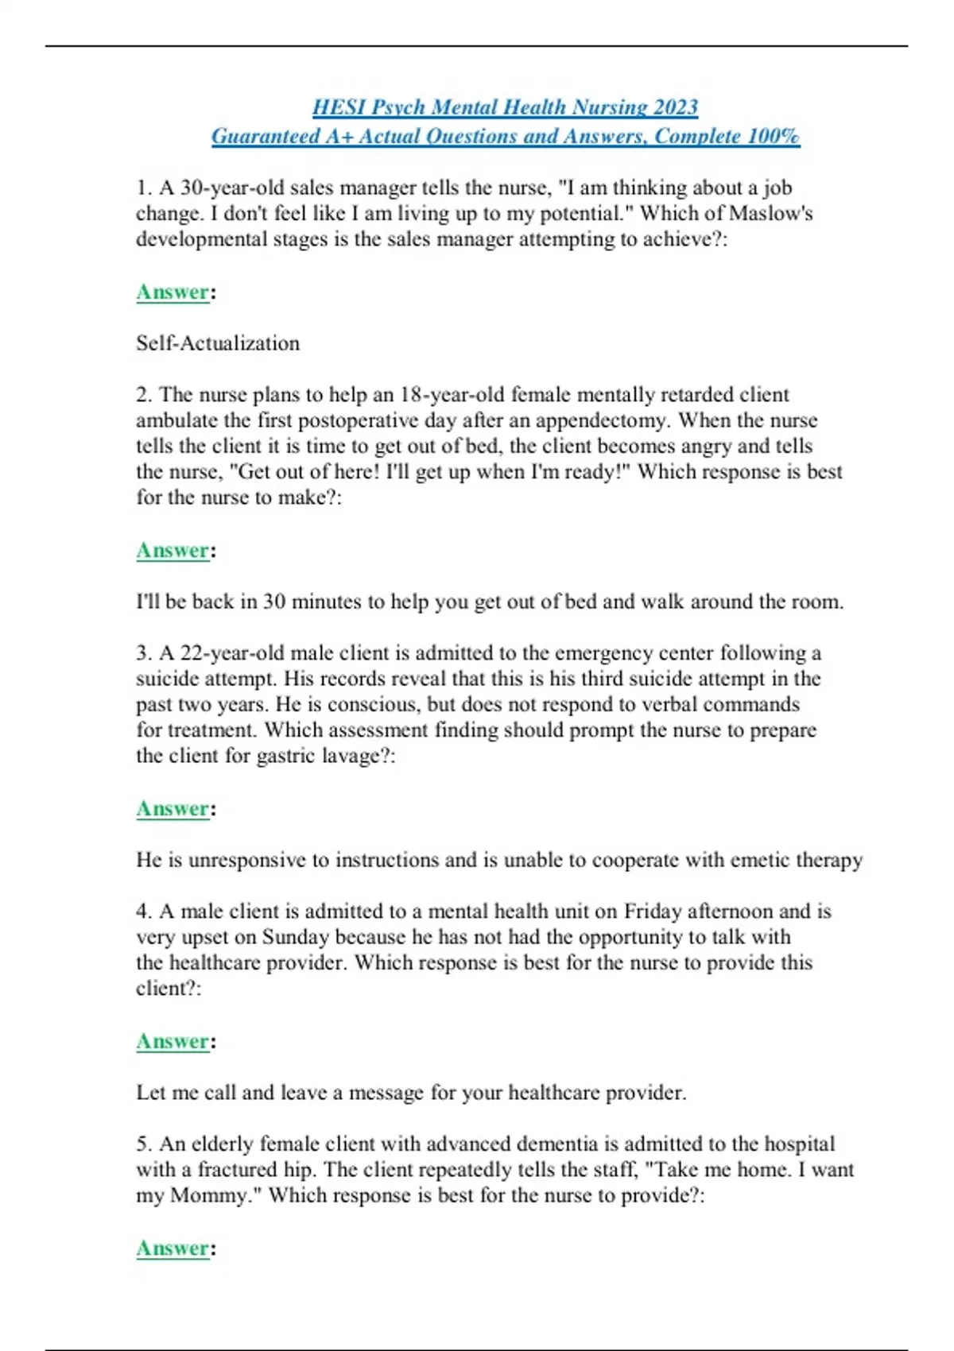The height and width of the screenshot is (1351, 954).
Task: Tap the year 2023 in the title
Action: pos(676,107)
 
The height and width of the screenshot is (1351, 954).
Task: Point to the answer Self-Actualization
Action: pos(218,343)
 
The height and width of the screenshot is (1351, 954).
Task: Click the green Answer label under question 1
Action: pos(173,292)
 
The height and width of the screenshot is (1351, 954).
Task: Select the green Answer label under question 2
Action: pos(173,551)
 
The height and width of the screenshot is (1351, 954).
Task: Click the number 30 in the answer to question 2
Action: pos(274,602)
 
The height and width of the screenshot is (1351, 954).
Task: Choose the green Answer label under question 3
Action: pos(173,809)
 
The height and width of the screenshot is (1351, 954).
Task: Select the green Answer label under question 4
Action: pos(173,1042)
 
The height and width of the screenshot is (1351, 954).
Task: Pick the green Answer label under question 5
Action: pos(173,1248)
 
